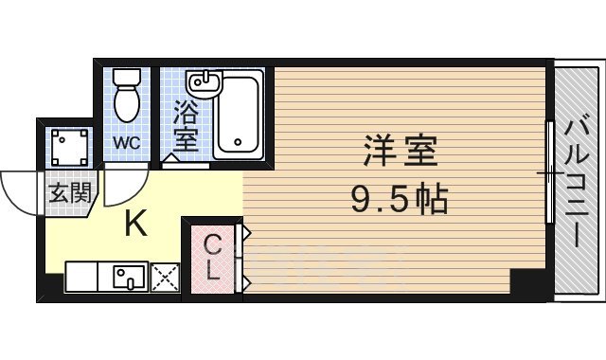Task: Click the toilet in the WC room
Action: pos(124,95)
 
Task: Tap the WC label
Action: pos(126,143)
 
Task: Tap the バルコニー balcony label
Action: pos(577,181)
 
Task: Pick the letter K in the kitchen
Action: pos(136,224)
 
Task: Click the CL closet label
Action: pos(214,258)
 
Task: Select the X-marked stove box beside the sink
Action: pos(166,277)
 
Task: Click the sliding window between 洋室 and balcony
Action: pos(548,175)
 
